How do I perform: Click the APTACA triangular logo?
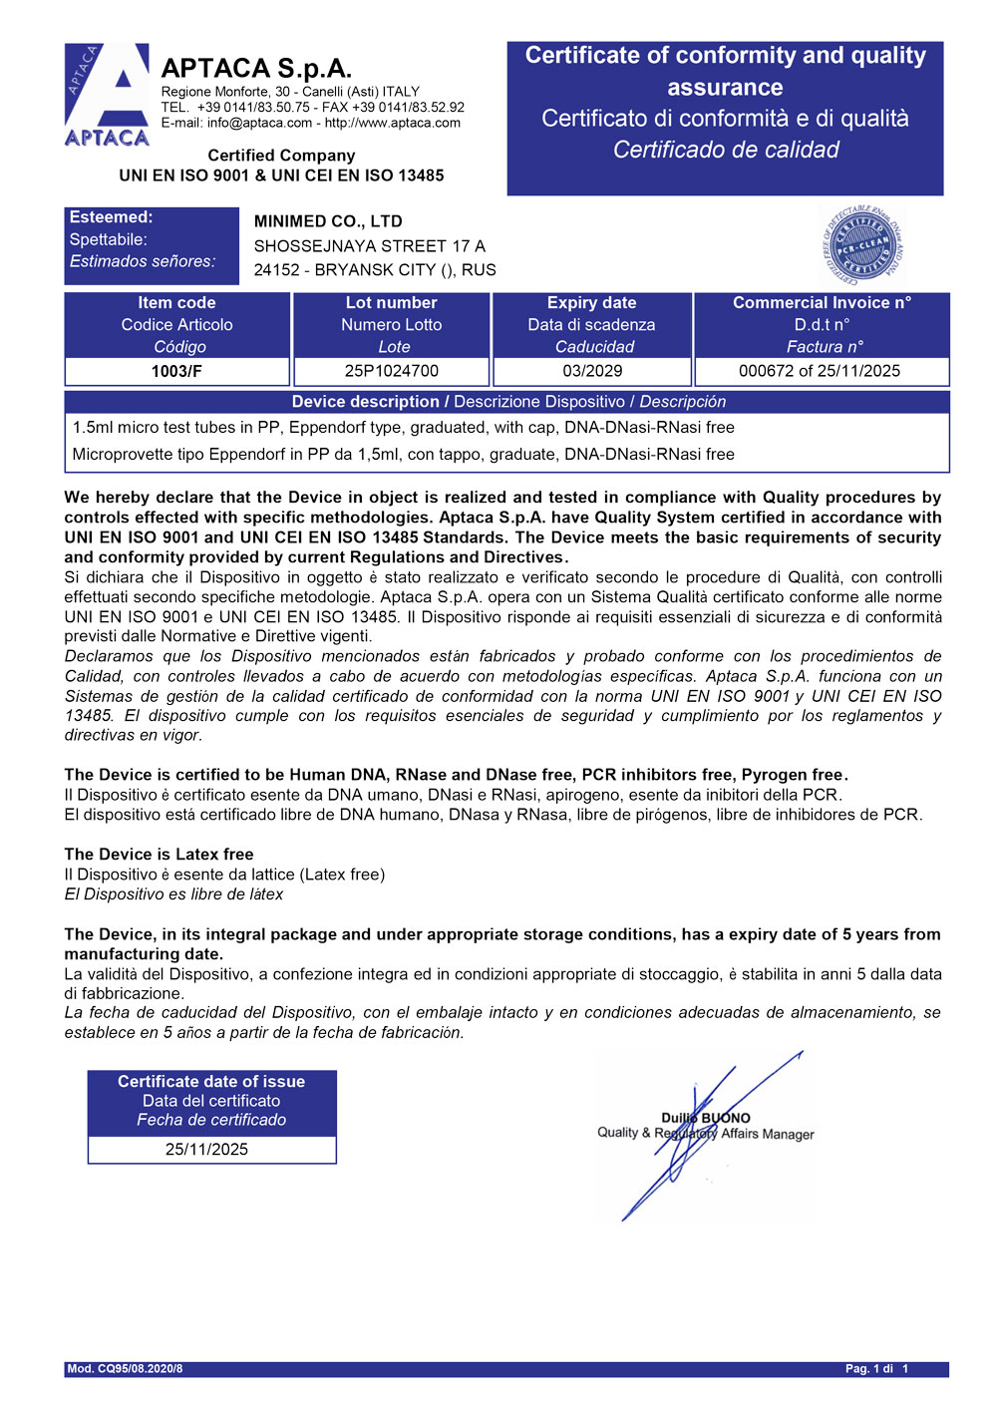click(107, 95)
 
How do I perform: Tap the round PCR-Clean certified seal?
click(863, 243)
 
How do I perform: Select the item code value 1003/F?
click(176, 371)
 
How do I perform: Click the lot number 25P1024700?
click(392, 371)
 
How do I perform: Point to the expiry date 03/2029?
click(592, 371)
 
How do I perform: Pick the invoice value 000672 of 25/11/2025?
click(820, 371)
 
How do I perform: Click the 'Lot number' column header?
click(392, 303)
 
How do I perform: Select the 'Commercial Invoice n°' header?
click(822, 303)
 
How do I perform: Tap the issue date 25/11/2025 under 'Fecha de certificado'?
click(206, 1149)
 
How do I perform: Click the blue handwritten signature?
click(698, 1137)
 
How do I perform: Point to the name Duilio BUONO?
click(706, 1118)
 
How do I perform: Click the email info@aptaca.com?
click(259, 123)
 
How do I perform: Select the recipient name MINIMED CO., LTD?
click(328, 221)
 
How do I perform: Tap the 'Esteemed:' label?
click(112, 217)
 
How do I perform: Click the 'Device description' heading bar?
click(507, 402)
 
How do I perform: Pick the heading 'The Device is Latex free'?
click(159, 855)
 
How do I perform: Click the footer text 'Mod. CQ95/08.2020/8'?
click(125, 1368)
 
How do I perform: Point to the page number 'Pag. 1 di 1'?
click(877, 1368)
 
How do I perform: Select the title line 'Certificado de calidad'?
click(726, 150)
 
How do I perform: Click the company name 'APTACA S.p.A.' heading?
click(256, 68)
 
